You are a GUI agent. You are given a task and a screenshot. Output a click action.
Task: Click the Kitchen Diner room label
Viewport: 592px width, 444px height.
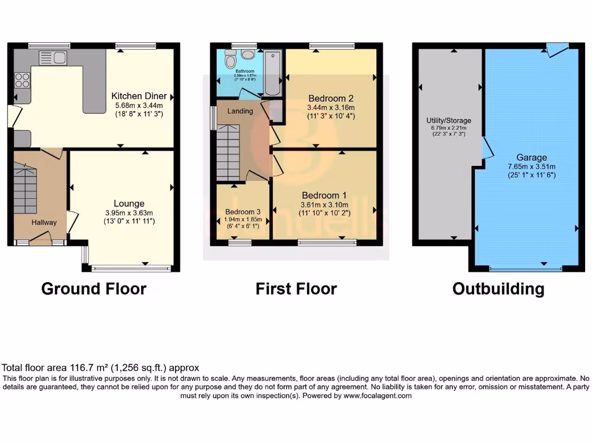(139, 96)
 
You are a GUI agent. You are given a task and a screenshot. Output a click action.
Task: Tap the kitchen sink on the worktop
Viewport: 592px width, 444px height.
(53, 57)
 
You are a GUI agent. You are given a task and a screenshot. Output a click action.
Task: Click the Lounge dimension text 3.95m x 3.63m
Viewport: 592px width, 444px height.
(129, 212)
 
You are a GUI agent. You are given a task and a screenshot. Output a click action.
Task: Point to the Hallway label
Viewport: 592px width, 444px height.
(44, 223)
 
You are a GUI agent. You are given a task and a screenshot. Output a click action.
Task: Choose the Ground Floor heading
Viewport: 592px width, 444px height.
(94, 288)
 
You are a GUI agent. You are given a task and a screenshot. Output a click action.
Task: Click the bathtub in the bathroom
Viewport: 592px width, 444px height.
(272, 73)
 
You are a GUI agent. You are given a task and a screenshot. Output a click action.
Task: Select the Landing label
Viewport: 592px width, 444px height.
(239, 111)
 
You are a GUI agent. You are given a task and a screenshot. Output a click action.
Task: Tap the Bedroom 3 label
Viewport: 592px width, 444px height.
(243, 211)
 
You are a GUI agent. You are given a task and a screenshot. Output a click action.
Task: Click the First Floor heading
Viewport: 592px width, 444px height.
(296, 288)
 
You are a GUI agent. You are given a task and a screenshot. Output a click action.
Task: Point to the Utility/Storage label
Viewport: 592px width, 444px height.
(446, 120)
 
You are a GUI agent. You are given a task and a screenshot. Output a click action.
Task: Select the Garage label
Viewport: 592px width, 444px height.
(532, 157)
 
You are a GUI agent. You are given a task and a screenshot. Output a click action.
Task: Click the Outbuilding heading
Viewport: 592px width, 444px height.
(498, 288)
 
